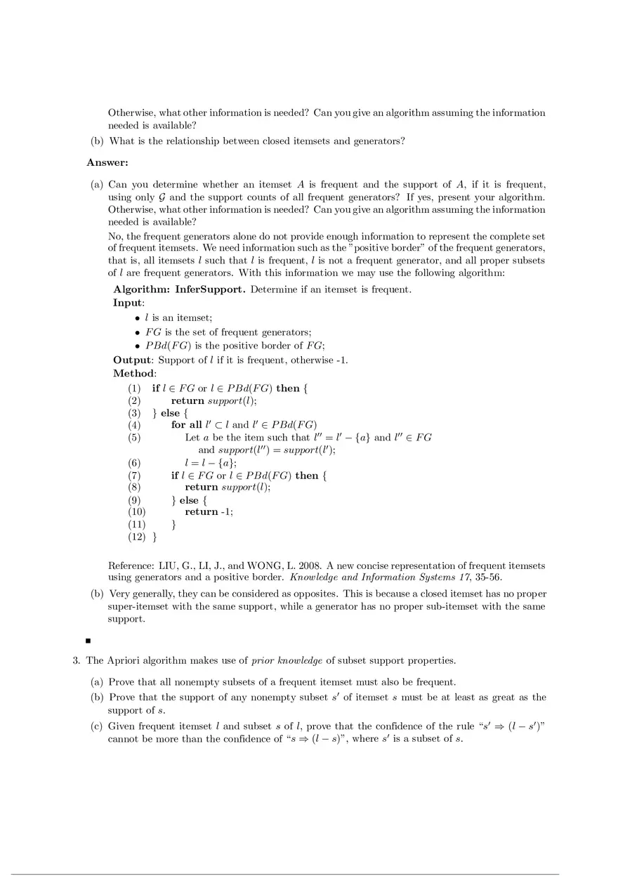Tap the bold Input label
pyautogui.click(x=129, y=303)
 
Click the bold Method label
pyautogui.click(x=135, y=374)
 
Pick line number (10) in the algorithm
pyautogui.click(x=136, y=512)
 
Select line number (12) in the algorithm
pyautogui.click(x=136, y=537)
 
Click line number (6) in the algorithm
pyautogui.click(x=134, y=462)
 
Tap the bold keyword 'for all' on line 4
pyautogui.click(x=187, y=425)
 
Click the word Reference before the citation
pyautogui.click(x=131, y=566)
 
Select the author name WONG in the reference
pyautogui.click(x=263, y=566)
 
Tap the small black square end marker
pyautogui.click(x=88, y=641)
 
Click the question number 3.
pyautogui.click(x=75, y=661)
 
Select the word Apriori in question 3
pyautogui.click(x=123, y=661)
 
